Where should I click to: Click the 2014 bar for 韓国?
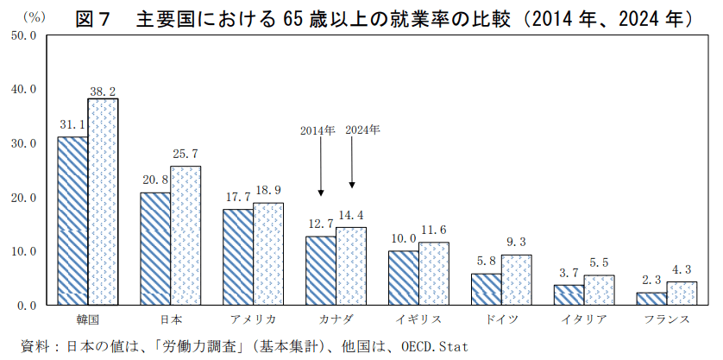pos(72,221)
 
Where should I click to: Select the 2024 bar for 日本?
pos(185,236)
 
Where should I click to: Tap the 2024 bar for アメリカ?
pos(268,254)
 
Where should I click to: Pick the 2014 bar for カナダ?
pos(321,270)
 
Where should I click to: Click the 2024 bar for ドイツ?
pos(516,280)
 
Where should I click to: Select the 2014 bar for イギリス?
pos(404,278)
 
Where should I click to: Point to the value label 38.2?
pos(103,90)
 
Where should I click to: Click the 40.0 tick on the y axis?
pos(23,89)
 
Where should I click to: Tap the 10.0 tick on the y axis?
pos(23,251)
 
